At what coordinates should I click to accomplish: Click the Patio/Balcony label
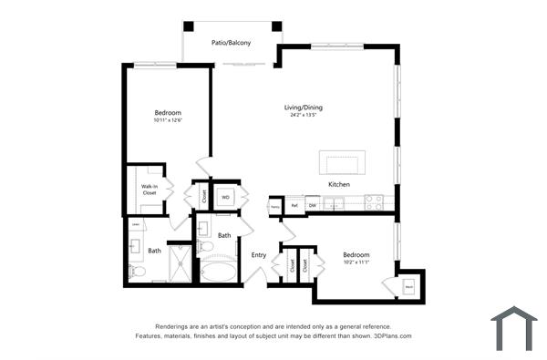tap(231, 42)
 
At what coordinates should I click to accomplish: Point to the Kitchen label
tap(339, 184)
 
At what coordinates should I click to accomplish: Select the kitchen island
tap(341, 162)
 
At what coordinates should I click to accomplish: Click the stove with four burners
tap(374, 203)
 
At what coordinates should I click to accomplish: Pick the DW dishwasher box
tap(312, 206)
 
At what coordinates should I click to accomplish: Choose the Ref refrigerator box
tap(294, 206)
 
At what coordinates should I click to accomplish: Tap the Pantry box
tap(275, 207)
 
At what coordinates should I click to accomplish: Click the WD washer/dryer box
tap(225, 197)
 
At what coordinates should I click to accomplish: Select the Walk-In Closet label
tap(149, 190)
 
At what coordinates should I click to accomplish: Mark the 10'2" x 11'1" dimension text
tap(356, 262)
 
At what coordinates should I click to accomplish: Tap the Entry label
tap(259, 254)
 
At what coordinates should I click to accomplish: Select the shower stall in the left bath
tap(181, 263)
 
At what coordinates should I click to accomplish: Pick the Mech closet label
tap(408, 286)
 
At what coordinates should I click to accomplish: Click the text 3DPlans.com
tap(391, 336)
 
